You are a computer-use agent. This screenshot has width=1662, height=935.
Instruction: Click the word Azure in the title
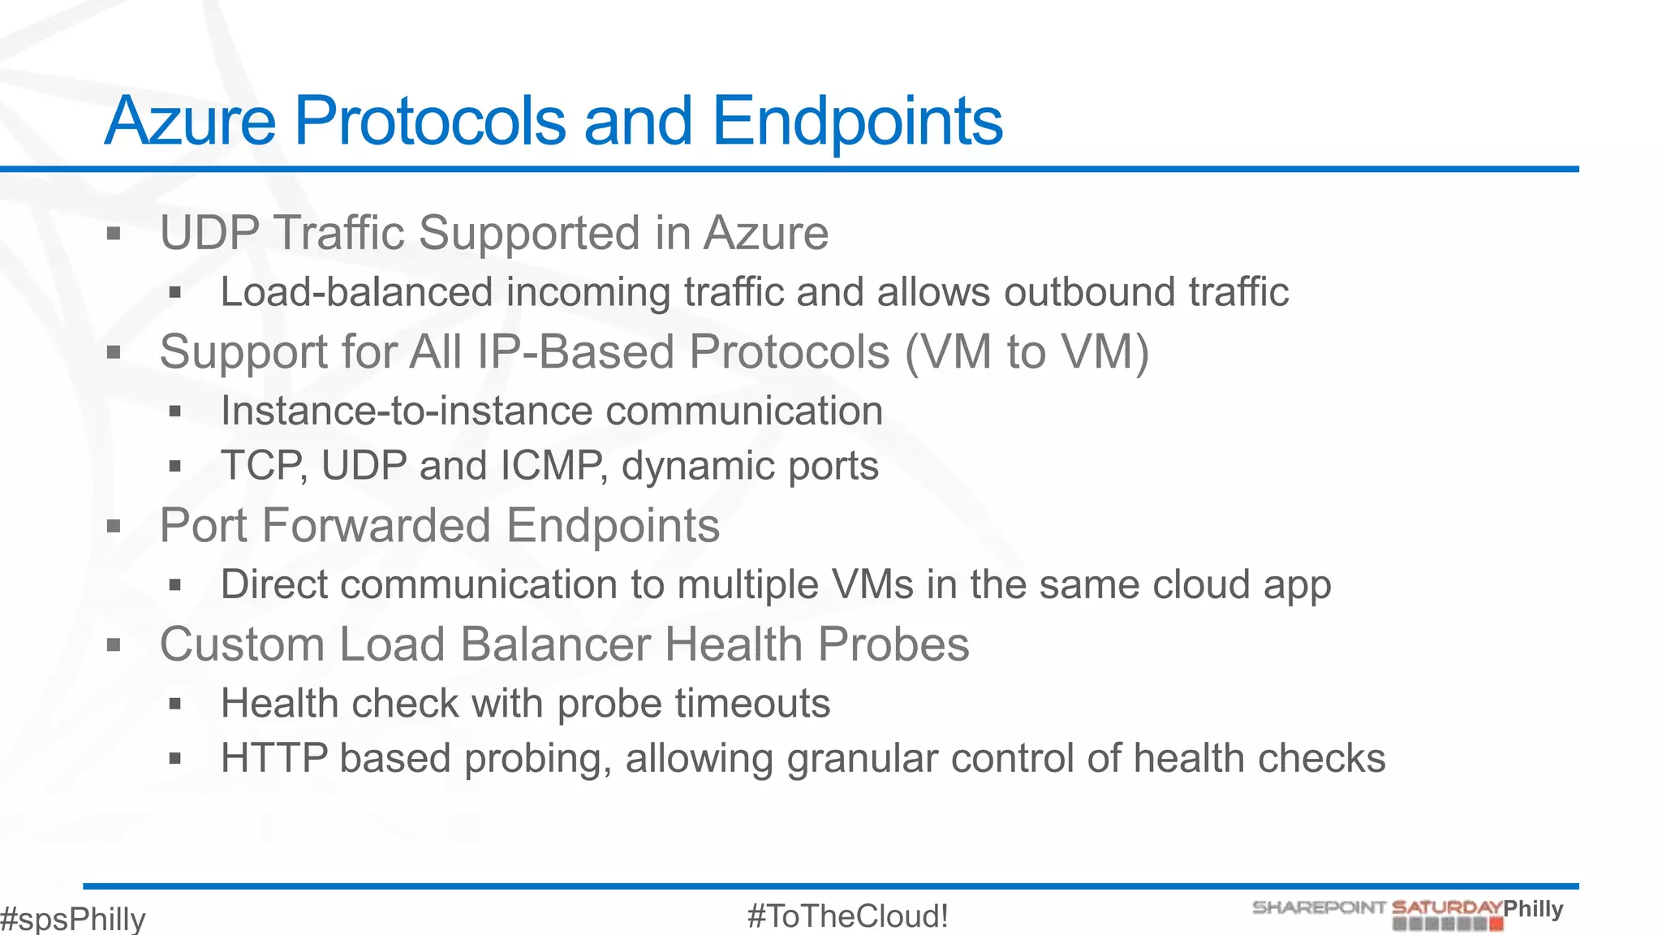[x=191, y=122]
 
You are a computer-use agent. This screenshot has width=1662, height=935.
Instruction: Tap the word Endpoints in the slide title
[x=857, y=122]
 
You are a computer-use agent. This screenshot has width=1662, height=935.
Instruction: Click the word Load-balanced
[x=356, y=292]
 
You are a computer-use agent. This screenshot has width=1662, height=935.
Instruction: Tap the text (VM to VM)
[x=1027, y=352]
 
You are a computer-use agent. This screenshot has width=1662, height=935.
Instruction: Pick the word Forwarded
[x=377, y=526]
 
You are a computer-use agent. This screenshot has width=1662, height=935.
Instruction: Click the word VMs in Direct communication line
[x=871, y=584]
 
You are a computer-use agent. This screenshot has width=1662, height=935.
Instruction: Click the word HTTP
[x=274, y=758]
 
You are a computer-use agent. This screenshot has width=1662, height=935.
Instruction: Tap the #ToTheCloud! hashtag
[x=847, y=916]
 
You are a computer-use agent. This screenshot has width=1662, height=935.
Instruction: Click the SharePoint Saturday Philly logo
[x=1407, y=913]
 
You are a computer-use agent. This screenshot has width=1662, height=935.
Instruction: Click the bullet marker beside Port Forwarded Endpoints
[x=114, y=527]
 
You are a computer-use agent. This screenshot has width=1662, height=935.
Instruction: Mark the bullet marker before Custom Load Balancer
[x=114, y=645]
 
